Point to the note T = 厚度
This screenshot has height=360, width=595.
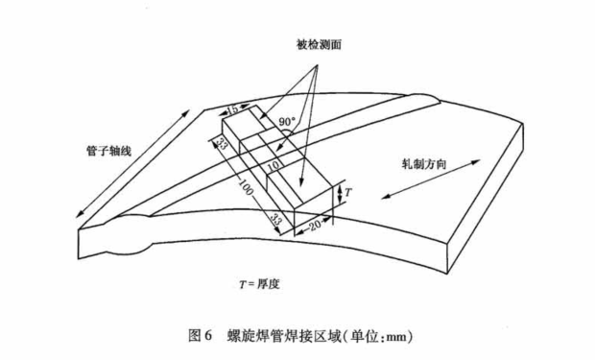(263, 284)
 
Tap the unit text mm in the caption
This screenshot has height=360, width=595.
(396, 338)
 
